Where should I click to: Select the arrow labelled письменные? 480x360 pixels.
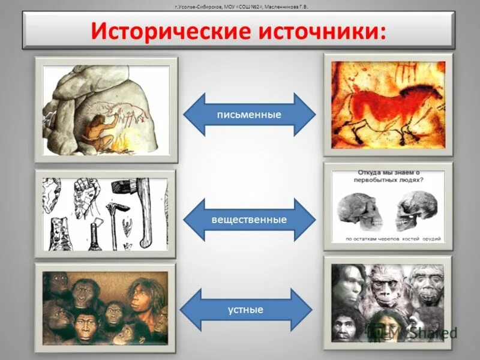[249, 114]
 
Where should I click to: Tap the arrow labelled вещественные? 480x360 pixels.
[249, 220]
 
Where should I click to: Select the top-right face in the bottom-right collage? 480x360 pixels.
[428, 282]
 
